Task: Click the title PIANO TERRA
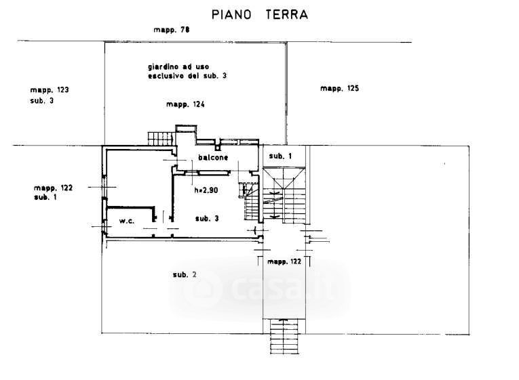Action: click(260, 14)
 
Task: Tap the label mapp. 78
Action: click(171, 30)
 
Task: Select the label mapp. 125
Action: click(339, 89)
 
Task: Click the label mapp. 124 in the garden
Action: click(185, 105)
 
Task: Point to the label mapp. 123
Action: click(50, 90)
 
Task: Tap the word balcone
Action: click(212, 158)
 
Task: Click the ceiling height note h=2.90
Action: click(206, 190)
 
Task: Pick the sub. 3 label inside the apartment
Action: click(206, 218)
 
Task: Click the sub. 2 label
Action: click(185, 274)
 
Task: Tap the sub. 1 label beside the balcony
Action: click(280, 156)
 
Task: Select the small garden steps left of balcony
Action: click(160, 139)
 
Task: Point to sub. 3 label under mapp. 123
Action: click(42, 100)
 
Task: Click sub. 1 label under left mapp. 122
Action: click(45, 197)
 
